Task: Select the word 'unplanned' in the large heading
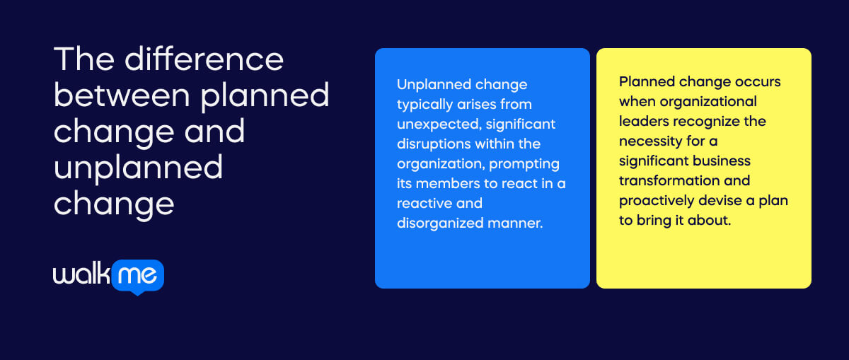(x=138, y=168)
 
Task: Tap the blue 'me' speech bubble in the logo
(x=138, y=275)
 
